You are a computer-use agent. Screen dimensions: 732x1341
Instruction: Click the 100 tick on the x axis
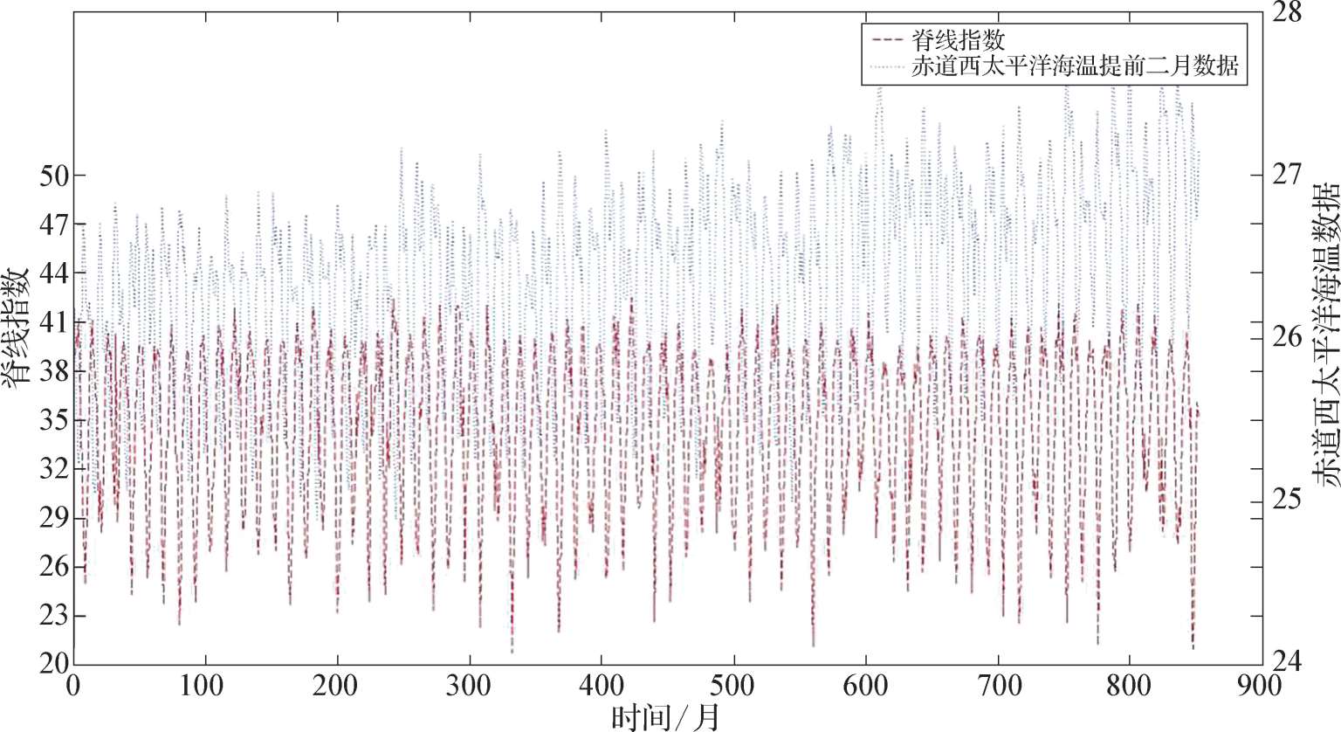[205, 686]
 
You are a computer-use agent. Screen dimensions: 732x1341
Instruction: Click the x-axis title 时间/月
[667, 716]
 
